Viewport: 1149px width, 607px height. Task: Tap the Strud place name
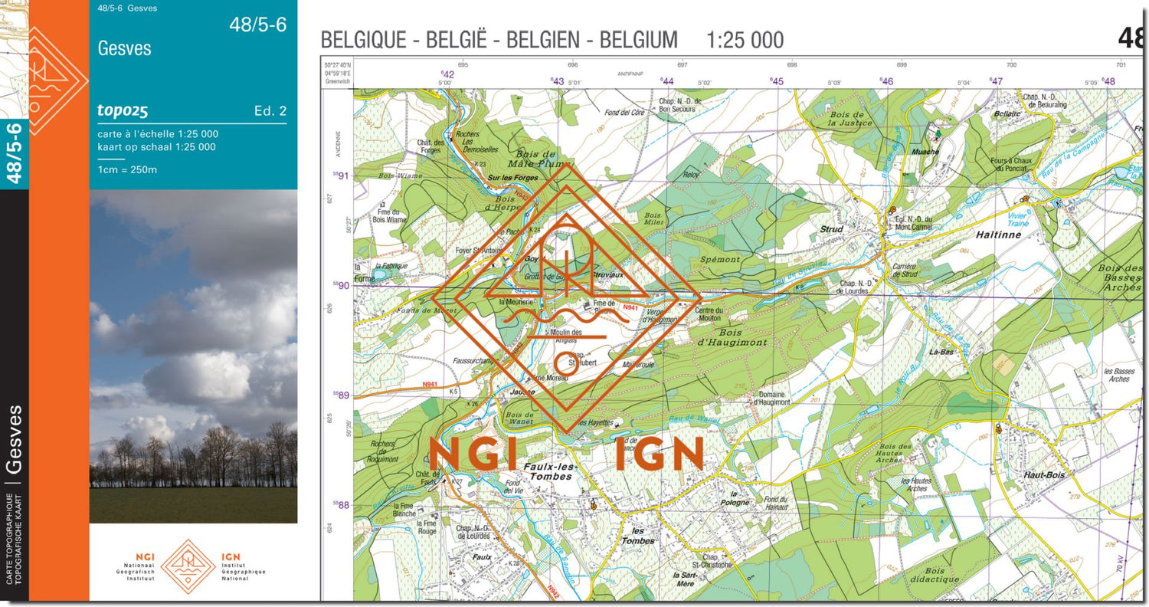(831, 229)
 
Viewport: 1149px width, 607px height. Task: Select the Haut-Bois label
(1044, 475)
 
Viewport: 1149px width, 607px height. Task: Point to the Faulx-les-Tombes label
(549, 471)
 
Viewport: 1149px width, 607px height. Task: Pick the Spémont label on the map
(720, 260)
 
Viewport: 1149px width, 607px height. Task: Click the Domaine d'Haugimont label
(771, 398)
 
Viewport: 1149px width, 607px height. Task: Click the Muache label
(925, 152)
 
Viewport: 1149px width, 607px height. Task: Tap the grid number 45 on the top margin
(777, 81)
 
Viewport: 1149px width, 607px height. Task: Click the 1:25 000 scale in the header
(745, 40)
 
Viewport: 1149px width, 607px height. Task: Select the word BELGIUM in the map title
(639, 40)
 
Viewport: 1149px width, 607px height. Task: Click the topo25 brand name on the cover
(123, 110)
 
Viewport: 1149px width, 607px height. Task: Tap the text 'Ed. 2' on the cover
(270, 111)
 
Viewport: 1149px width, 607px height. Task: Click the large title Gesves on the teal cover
(125, 48)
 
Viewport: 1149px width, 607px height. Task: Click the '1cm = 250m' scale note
(127, 169)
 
